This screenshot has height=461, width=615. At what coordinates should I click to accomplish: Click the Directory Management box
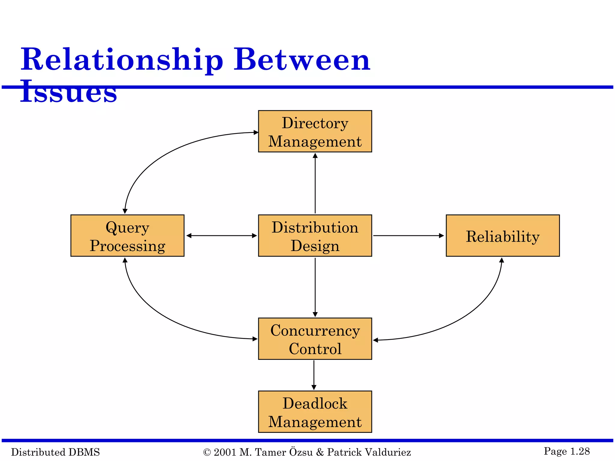coord(315,131)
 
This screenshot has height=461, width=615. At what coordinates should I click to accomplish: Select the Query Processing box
coord(127,236)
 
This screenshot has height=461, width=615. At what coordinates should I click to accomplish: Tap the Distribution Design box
coord(315,236)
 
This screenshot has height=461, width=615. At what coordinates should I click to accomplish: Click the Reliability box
coord(503,236)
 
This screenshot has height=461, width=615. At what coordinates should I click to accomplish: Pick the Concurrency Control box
coord(315,339)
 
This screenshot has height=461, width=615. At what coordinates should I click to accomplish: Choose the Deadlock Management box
coord(315,412)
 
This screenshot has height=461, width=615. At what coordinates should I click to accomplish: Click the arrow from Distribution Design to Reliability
coord(408,236)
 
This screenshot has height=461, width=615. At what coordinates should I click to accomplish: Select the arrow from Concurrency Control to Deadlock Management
coord(314,375)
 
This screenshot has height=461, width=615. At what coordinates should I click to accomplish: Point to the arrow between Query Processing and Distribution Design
coord(222,236)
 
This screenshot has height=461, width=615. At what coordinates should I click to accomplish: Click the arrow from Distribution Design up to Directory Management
coord(315,183)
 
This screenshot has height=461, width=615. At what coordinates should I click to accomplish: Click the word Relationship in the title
coord(122,60)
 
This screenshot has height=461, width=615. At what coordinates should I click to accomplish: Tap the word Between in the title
coord(302,60)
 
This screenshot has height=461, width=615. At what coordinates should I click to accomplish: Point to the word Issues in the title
coord(68,92)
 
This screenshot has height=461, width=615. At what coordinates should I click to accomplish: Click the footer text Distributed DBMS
coord(55,452)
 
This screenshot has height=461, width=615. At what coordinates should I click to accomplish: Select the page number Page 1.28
coord(567,451)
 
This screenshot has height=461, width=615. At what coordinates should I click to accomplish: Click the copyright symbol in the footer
coord(207,452)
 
